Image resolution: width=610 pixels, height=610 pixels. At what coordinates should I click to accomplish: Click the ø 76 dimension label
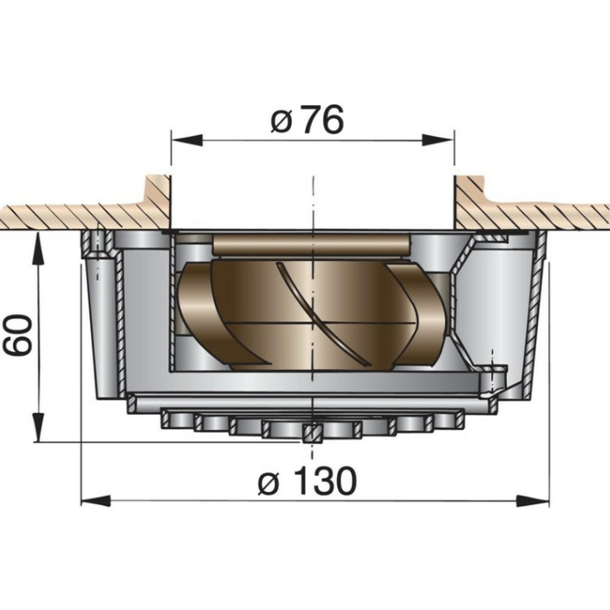306,120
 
